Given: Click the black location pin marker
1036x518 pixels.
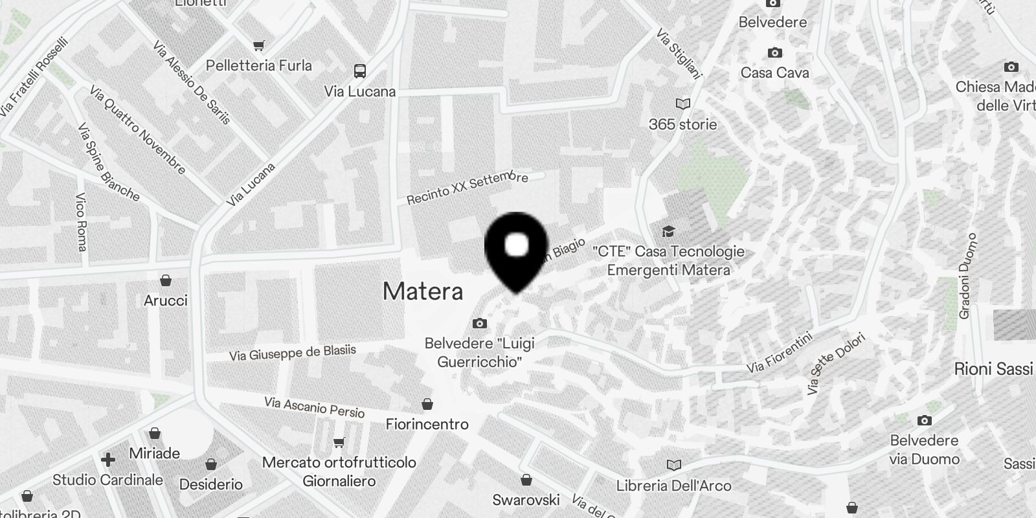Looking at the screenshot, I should [516, 249].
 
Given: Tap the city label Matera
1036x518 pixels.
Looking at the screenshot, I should [423, 291].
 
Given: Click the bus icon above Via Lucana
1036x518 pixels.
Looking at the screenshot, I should [360, 71].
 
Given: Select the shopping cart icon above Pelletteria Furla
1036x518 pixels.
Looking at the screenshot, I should [259, 45].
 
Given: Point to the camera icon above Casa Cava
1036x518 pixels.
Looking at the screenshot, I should [774, 52].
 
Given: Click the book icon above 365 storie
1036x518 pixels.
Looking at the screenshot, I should [682, 104].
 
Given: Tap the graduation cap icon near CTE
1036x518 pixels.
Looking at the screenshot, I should [668, 231].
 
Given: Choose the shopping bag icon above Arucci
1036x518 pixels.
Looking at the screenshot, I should [166, 280].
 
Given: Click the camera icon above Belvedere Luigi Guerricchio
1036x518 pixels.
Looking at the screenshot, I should [479, 323].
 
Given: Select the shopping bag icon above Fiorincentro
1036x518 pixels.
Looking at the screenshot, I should [427, 405].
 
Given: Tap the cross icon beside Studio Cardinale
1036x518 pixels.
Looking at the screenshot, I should [107, 460].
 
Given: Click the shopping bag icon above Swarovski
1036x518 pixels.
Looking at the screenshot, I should [526, 480].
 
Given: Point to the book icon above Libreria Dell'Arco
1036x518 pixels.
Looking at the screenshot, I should [673, 465].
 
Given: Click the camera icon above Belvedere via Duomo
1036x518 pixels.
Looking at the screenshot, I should [925, 421].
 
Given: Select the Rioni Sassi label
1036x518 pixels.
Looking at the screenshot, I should [993, 369].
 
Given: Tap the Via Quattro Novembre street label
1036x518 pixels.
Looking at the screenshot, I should [138, 130].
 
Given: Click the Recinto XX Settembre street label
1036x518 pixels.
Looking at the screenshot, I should [467, 188].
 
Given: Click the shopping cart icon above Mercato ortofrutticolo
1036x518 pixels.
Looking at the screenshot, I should [339, 443].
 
